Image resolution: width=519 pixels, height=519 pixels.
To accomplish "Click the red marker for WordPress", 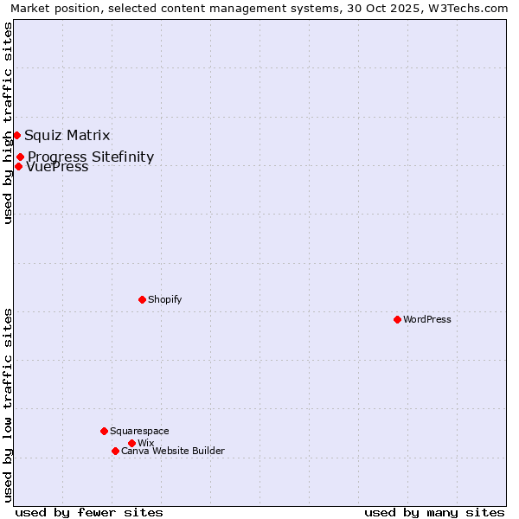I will coord(397,319).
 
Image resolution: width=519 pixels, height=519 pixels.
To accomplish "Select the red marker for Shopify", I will coord(142,299).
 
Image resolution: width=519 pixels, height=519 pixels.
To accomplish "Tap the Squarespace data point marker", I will coord(104,431).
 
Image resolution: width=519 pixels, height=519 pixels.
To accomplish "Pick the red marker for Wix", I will coord(131,443).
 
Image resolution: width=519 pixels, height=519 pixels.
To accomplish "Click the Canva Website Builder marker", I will coord(115,451).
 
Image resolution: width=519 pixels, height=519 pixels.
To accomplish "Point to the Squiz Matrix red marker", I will coord(16,135).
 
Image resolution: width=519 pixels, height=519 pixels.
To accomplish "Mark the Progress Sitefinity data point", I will coord(20,157).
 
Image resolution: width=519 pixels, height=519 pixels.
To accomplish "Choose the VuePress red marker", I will coord(18,166).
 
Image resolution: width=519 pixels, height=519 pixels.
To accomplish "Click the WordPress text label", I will coord(427,319).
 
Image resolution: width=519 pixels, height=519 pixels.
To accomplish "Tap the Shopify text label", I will coord(165,299).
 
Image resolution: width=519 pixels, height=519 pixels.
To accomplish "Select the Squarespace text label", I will coord(139,431).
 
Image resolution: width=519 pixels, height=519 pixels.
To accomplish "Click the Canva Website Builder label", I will coord(173,451).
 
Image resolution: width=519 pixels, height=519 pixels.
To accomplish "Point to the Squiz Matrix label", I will coord(67,135).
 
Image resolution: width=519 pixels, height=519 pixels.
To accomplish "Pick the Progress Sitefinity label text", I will coord(91,157).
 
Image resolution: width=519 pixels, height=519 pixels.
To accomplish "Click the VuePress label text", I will coord(58,168).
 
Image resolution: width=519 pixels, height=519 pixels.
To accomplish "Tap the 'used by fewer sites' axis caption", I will coord(89,512).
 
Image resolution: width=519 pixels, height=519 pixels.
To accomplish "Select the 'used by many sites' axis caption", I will coord(434,512).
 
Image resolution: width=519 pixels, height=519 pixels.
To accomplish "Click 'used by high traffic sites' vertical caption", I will coord(8,123).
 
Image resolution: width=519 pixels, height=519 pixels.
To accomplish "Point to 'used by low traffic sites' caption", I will coord(8,405).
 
